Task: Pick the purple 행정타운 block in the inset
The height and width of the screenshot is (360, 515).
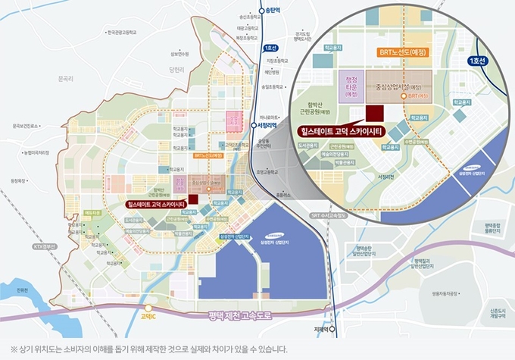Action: [351, 87]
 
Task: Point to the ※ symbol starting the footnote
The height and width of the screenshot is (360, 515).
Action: [8, 349]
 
